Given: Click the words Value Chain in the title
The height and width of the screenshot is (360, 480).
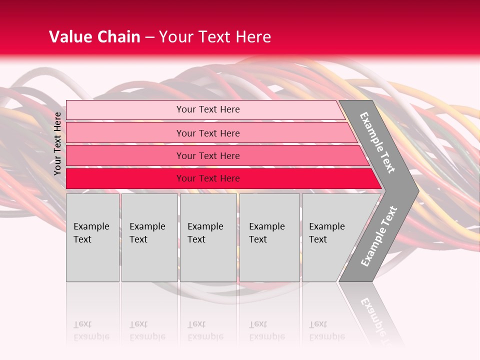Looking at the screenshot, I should click(94, 37).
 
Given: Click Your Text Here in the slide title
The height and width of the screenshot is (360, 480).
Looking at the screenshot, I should click(215, 37).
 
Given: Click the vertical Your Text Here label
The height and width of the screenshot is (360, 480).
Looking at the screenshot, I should click(58, 143).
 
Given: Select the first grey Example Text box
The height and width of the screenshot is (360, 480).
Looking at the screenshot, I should click(92, 238).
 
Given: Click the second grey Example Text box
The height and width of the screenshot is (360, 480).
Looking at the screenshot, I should click(149, 238).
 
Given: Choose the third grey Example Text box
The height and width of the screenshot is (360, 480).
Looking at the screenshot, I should click(208, 238).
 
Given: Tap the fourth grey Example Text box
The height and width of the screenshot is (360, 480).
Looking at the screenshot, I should click(270, 238).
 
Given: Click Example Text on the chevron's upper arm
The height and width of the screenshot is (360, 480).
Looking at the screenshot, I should click(377, 142).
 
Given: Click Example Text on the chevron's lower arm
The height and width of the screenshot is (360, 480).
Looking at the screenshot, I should click(378, 236).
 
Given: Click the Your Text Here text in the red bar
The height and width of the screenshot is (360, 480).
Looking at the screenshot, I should click(208, 178).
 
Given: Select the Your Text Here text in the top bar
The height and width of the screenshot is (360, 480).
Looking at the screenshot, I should click(208, 109).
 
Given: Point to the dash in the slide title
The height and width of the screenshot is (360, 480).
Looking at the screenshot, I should click(149, 37).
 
